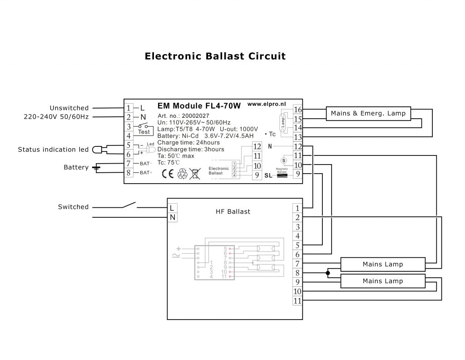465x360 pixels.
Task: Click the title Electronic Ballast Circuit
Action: pos(215,57)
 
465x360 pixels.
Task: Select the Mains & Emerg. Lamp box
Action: pos(369,114)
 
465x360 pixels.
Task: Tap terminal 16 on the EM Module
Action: pos(298,110)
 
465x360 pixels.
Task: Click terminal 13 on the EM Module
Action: pos(298,137)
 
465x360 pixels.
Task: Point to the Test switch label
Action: pos(144,132)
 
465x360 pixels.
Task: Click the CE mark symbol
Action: pos(167,173)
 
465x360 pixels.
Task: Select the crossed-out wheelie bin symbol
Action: pos(196,173)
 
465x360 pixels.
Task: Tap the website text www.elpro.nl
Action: pos(266,104)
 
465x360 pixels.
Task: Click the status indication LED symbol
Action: pos(98,150)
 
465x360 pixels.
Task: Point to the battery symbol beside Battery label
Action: pos(96,168)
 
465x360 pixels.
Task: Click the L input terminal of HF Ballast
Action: pos(172,208)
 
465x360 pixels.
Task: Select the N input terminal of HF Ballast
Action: pos(172,218)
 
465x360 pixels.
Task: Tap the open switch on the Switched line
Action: pos(129,205)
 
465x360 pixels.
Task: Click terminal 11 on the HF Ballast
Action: pos(297,301)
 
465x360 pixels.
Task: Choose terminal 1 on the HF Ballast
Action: pos(297,208)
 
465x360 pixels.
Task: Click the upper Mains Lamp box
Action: pos(382,264)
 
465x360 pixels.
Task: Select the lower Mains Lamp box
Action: pos(382,281)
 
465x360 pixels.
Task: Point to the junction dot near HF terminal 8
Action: pos(327,273)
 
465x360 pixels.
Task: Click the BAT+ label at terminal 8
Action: pos(146,173)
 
